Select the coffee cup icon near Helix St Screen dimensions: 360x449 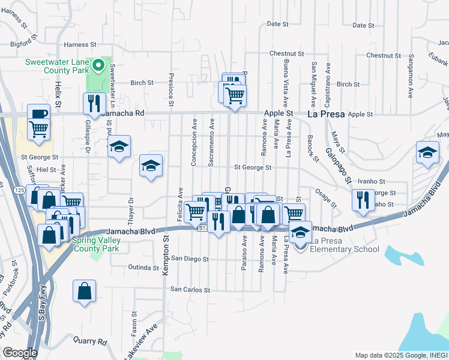click(39, 113)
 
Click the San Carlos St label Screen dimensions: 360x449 click(190, 289)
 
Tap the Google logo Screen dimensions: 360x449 click(20, 353)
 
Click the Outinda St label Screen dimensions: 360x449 click(143, 267)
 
